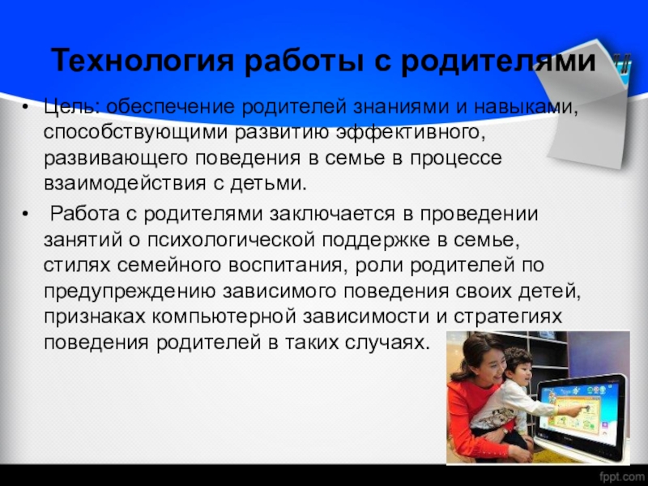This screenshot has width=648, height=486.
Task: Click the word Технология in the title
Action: coord(143,61)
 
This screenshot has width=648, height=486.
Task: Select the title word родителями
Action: coord(499,61)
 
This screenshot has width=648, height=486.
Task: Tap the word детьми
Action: coord(268,183)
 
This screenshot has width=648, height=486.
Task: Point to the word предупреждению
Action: coord(130,292)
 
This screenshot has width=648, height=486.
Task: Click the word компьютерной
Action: coord(224,317)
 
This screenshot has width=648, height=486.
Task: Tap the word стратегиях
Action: coord(508,317)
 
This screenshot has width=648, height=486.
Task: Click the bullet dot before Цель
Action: coord(26,109)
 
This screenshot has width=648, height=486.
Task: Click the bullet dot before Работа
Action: coord(26,215)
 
